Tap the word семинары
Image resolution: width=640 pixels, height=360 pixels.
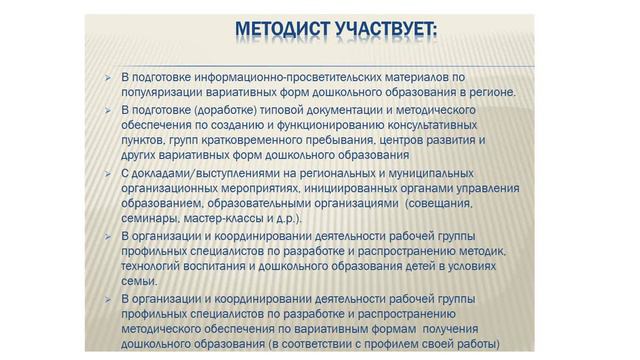[148, 218]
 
